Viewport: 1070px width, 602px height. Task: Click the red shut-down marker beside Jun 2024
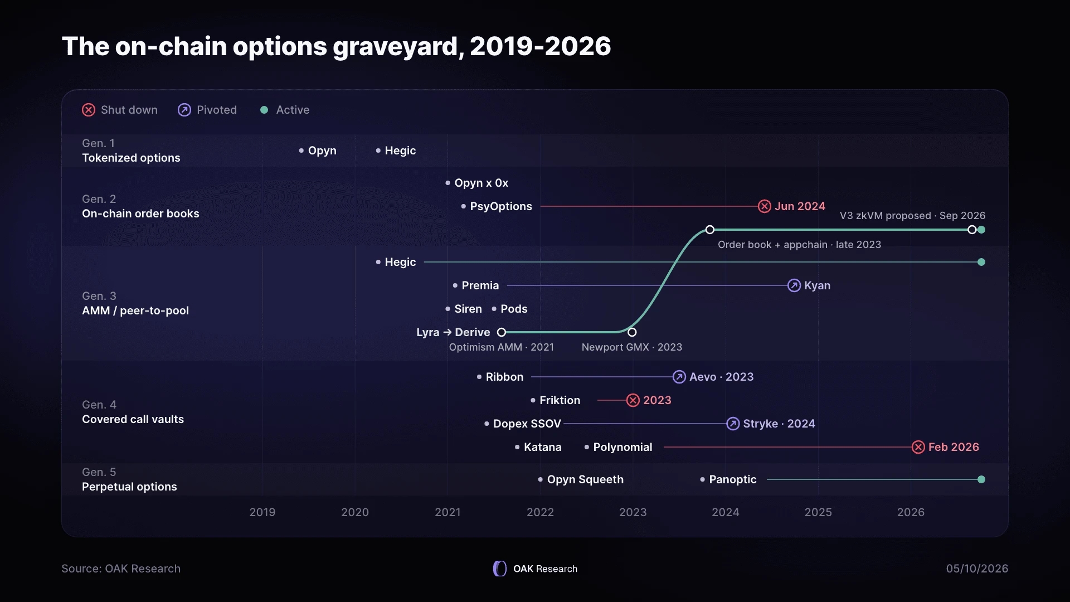click(x=765, y=206)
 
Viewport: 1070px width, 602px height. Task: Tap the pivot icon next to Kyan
click(x=794, y=285)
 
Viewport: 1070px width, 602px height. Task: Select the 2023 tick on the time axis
click(x=633, y=512)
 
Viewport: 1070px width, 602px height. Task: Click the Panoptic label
click(x=733, y=479)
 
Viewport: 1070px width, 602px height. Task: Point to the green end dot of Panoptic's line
click(x=981, y=479)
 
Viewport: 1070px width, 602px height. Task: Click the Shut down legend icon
click(x=89, y=110)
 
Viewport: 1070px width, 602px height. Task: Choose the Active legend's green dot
click(x=264, y=110)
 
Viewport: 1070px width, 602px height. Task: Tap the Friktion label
click(x=560, y=400)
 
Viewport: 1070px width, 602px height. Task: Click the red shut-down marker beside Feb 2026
click(x=918, y=447)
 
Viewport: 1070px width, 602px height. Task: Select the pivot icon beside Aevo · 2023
click(x=679, y=377)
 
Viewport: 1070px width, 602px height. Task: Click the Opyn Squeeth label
click(x=585, y=479)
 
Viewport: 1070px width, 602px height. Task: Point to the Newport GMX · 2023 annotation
click(x=632, y=347)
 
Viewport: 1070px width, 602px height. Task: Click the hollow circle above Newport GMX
click(x=632, y=332)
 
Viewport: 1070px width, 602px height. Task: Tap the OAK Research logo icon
click(x=500, y=569)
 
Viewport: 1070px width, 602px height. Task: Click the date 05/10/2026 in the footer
click(x=977, y=569)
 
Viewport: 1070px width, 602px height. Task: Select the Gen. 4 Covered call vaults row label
click(x=133, y=412)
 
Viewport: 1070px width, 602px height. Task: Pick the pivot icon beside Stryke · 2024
click(x=733, y=424)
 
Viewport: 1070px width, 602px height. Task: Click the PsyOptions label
click(x=501, y=206)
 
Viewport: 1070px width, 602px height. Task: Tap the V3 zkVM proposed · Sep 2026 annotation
click(x=912, y=216)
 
